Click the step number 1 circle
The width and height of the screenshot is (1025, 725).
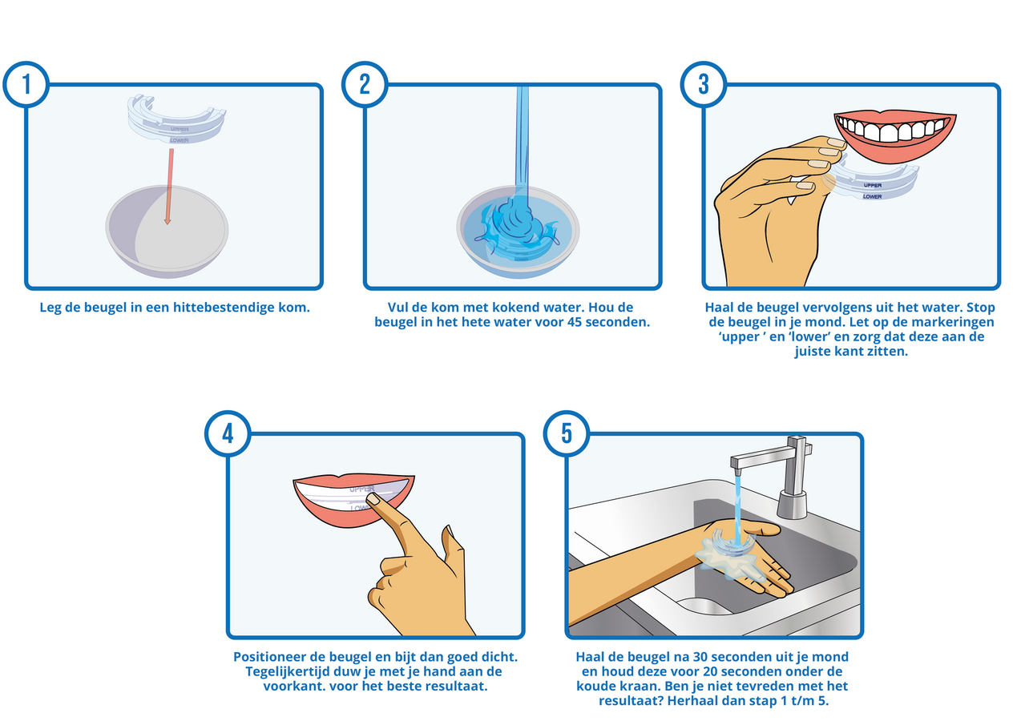click(26, 85)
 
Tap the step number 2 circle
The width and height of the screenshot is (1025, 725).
click(365, 85)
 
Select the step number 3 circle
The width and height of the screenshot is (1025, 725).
click(704, 85)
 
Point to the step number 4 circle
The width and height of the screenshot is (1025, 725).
click(228, 433)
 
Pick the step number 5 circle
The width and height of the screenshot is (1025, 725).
click(567, 433)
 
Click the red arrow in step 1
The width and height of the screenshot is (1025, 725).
click(169, 187)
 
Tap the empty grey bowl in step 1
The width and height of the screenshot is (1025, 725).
click(167, 232)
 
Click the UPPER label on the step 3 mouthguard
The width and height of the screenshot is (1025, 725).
click(873, 185)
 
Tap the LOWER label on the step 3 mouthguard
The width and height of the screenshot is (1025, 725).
click(872, 197)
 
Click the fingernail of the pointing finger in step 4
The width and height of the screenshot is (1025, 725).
click(374, 498)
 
